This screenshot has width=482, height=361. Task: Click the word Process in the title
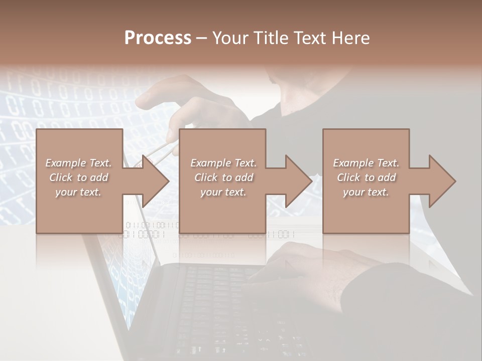tap(158, 38)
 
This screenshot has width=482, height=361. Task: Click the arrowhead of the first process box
tap(153, 181)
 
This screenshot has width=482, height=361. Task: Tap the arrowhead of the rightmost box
tap(440, 181)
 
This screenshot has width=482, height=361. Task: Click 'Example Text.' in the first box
tap(79, 163)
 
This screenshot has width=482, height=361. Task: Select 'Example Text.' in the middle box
tap(223, 163)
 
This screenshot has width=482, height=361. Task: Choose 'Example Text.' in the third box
tap(366, 163)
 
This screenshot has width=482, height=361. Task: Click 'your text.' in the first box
tap(79, 192)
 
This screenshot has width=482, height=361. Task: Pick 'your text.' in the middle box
tap(223, 192)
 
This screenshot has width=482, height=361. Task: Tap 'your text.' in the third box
tap(366, 192)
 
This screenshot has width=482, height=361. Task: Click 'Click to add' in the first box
tap(79, 177)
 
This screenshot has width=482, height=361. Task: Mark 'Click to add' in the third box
tap(366, 177)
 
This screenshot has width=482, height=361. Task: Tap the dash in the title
tap(201, 38)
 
